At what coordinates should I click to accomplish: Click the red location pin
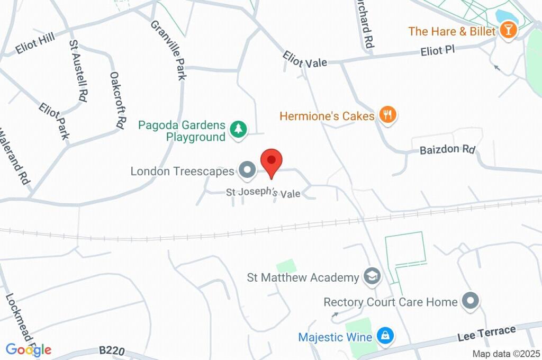(272, 160)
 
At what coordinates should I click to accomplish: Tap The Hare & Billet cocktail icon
(508, 30)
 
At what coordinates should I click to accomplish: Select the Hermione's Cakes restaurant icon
(389, 115)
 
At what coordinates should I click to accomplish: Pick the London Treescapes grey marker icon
(246, 170)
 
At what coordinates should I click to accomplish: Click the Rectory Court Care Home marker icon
(469, 302)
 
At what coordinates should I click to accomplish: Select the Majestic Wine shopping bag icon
(384, 336)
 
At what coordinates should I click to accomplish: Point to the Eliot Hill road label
(35, 45)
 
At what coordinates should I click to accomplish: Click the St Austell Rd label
(78, 70)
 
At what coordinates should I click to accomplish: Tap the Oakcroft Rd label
(117, 100)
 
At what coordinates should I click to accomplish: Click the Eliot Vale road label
(304, 59)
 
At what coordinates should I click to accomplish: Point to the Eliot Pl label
(437, 50)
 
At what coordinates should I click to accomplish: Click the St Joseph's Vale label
(263, 193)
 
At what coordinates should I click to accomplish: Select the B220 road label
(110, 350)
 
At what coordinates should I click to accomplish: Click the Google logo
(28, 349)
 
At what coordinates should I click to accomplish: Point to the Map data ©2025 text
(506, 354)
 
